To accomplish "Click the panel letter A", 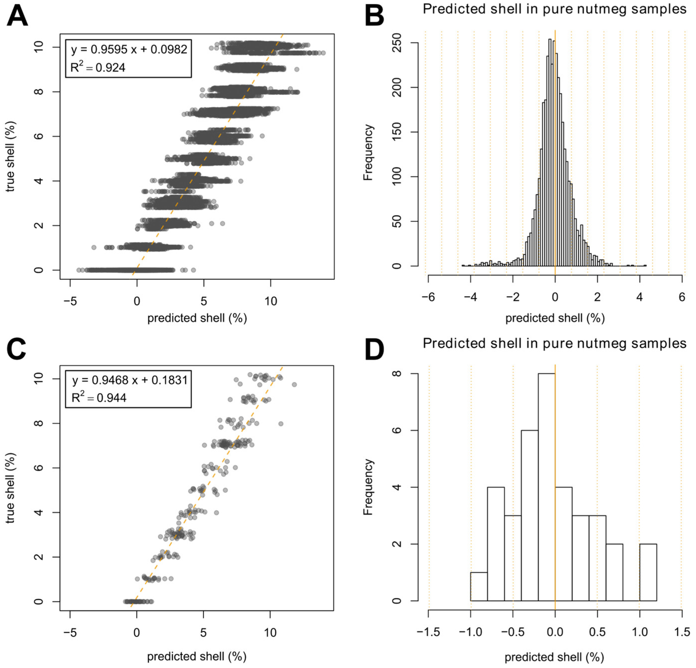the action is (x=17, y=16).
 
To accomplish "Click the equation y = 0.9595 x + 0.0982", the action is (x=129, y=49).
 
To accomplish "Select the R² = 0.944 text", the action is (x=99, y=397).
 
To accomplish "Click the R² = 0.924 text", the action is (x=98, y=67).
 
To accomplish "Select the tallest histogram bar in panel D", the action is (x=547, y=487).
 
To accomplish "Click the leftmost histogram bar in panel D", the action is (x=479, y=586).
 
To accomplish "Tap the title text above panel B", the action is (x=554, y=9).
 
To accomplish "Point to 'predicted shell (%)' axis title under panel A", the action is (x=197, y=318).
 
